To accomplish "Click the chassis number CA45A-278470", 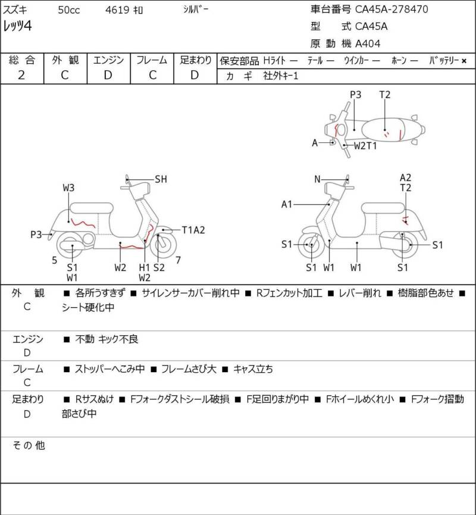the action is click(x=392, y=9).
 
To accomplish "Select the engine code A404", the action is click(x=368, y=43).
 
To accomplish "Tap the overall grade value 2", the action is click(x=21, y=75).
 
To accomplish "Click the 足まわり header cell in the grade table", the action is click(x=196, y=60).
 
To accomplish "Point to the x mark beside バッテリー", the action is click(x=464, y=61).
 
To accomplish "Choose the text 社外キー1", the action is click(x=281, y=76).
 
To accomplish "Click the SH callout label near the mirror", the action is click(x=161, y=179).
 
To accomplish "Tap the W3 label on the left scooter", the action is click(x=68, y=188).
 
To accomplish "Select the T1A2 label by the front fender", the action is click(x=193, y=230).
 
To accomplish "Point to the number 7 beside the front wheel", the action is click(x=178, y=260).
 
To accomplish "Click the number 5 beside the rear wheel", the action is click(x=55, y=260).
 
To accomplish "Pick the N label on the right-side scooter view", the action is click(x=317, y=179).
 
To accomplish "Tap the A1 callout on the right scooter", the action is click(x=287, y=204).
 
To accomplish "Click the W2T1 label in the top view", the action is click(x=365, y=145).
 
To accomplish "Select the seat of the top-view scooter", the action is click(x=384, y=130).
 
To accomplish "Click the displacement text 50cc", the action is click(x=69, y=10).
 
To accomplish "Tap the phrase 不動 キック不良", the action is click(x=107, y=339).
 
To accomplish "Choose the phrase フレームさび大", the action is click(x=189, y=369).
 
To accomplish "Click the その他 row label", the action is click(x=29, y=445).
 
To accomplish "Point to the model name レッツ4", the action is click(x=18, y=26).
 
